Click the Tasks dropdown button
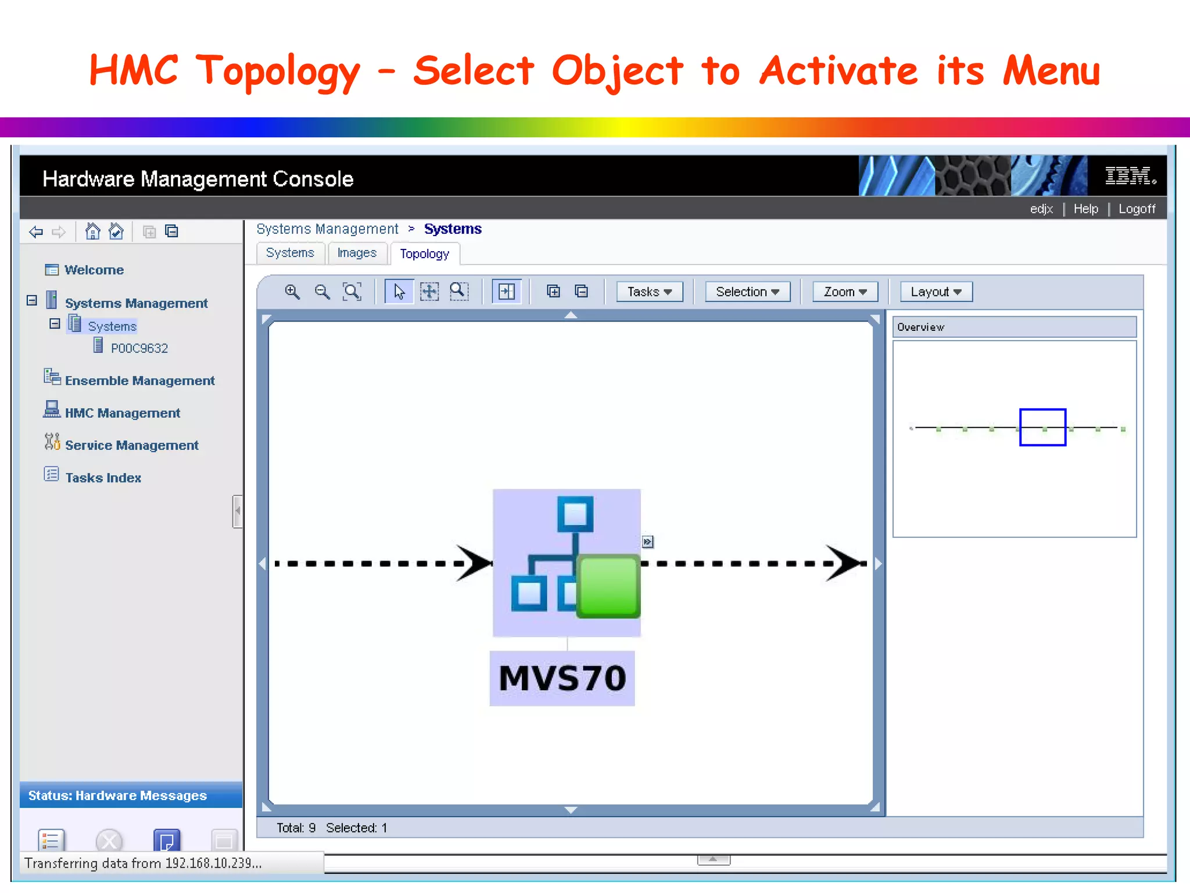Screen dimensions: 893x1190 pos(649,292)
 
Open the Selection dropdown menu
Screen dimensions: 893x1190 pos(747,292)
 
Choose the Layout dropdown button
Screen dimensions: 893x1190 pos(935,292)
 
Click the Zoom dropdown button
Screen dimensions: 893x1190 pos(845,292)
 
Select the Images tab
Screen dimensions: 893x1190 pos(357,253)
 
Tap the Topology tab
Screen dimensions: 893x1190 pos(425,254)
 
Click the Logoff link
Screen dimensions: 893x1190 pos(1137,209)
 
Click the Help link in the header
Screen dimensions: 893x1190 pos(1085,209)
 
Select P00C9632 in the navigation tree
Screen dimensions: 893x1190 pos(139,348)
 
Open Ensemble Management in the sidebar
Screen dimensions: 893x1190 pos(139,381)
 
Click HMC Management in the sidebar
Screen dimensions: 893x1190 pos(122,413)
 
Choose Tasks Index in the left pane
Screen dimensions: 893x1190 pos(103,478)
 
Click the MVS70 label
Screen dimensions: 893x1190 pos(562,678)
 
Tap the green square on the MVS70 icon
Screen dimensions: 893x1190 pos(608,586)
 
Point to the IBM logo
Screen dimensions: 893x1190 pos(1130,176)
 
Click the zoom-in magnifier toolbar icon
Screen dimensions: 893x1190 pos(292,292)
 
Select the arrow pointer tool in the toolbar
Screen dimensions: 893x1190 pos(399,292)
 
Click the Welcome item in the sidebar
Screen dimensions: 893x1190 pos(94,270)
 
